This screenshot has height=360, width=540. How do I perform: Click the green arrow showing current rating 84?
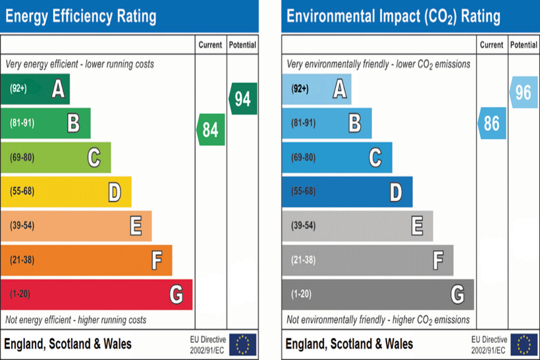(211, 130)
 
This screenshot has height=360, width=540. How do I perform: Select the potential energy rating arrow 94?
(242, 99)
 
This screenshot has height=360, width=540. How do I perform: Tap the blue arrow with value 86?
(491, 123)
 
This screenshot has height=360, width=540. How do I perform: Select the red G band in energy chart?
(96, 294)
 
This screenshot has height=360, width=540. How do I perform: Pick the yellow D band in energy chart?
(66, 192)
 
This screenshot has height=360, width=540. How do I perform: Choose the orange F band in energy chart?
(86, 260)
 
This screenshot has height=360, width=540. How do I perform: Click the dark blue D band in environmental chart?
(347, 192)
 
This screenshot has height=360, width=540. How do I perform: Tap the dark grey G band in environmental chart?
(377, 294)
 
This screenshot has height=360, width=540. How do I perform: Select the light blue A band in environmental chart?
(316, 89)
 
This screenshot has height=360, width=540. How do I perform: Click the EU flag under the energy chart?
(242, 344)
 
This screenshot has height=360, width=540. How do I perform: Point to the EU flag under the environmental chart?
(524, 344)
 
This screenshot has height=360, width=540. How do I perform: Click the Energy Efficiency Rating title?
(81, 16)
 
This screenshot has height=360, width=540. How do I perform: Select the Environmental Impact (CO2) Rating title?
(393, 16)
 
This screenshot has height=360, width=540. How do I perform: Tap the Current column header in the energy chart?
(211, 45)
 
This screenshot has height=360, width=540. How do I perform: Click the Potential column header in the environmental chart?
(524, 45)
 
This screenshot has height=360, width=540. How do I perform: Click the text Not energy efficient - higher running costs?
(76, 320)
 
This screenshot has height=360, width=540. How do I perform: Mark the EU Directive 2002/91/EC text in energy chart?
(207, 344)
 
